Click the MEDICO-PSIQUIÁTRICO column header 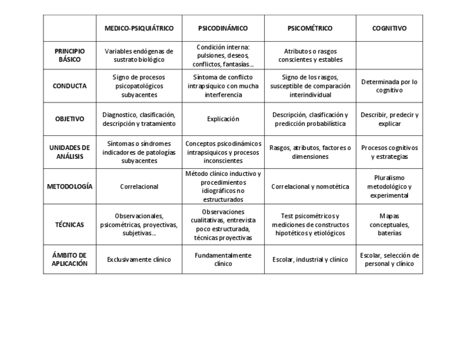pyautogui.click(x=139, y=29)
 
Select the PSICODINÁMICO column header pyautogui.click(x=223, y=29)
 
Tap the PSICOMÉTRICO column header pyautogui.click(x=310, y=29)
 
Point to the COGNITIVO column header pyautogui.click(x=389, y=29)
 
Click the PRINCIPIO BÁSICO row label pyautogui.click(x=70, y=55)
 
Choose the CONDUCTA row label pyautogui.click(x=70, y=86)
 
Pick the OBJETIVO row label pyautogui.click(x=70, y=119)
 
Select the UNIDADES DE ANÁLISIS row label pyautogui.click(x=70, y=152)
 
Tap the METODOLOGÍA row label pyautogui.click(x=70, y=186)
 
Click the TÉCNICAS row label pyautogui.click(x=70, y=224)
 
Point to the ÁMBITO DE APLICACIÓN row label pyautogui.click(x=70, y=259)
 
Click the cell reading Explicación pyautogui.click(x=223, y=119)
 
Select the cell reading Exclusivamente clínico pyautogui.click(x=139, y=259)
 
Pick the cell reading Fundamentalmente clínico pyautogui.click(x=223, y=259)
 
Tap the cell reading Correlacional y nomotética pyautogui.click(x=310, y=186)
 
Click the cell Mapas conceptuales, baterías pyautogui.click(x=389, y=224)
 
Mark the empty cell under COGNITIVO pyautogui.click(x=389, y=55)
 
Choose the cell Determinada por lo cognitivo pyautogui.click(x=389, y=86)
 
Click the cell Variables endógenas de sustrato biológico pyautogui.click(x=139, y=55)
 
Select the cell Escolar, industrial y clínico pyautogui.click(x=310, y=259)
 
